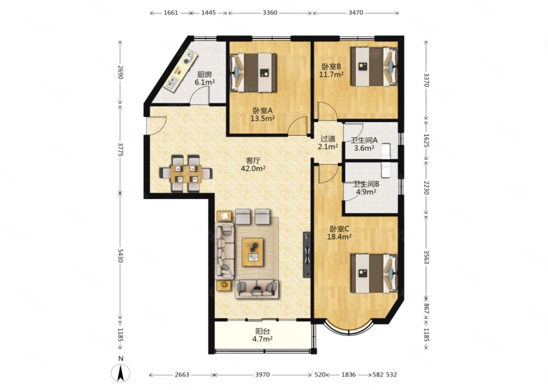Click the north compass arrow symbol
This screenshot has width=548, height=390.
(x=120, y=373)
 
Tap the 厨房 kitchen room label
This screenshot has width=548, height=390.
(x=204, y=74)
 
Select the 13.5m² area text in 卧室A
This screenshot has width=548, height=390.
(x=263, y=118)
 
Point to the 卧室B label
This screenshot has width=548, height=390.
(x=331, y=66)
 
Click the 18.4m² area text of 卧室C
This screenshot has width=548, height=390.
(x=339, y=237)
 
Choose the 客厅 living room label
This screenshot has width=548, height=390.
(x=253, y=161)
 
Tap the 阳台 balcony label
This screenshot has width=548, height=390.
(x=263, y=331)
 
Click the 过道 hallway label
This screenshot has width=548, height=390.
(x=328, y=139)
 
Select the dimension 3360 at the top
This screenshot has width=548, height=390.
(x=270, y=13)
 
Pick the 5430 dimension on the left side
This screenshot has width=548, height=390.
(x=120, y=256)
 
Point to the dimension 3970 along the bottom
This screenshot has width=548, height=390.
(x=263, y=375)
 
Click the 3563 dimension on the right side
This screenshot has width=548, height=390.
(x=426, y=257)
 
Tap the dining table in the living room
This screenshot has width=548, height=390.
(x=186, y=174)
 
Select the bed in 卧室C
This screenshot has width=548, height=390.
(x=374, y=273)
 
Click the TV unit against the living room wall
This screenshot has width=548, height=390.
(x=307, y=255)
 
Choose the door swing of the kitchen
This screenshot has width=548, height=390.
(x=200, y=96)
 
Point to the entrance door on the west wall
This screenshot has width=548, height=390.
(x=156, y=126)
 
